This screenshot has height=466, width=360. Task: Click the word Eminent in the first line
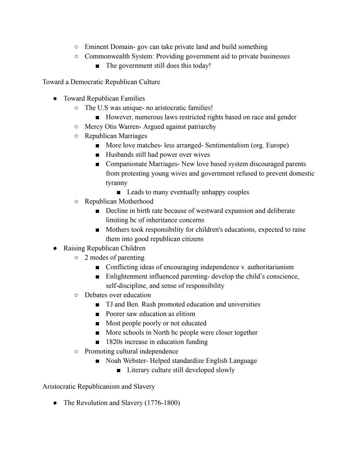point(97,47)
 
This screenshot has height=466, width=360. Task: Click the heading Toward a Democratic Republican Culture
point(101,82)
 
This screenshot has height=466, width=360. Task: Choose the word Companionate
point(126,164)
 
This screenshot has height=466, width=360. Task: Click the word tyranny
point(116,182)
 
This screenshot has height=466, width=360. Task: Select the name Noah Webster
point(127,361)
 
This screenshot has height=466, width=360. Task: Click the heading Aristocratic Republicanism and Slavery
point(99,386)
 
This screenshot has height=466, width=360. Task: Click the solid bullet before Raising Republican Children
point(55,248)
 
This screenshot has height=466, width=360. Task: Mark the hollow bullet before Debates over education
point(76,295)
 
